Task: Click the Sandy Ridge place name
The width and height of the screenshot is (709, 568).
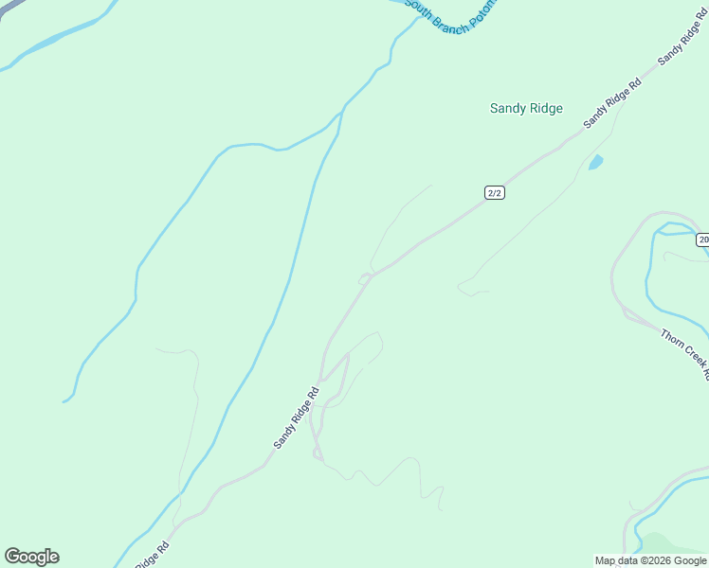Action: [x=526, y=108]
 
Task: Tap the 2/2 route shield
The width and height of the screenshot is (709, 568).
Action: [x=494, y=192]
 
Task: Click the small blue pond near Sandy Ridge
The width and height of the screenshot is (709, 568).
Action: [x=596, y=162]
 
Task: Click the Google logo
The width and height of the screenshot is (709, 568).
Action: [x=31, y=557]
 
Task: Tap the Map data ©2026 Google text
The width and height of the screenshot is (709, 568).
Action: [x=650, y=560]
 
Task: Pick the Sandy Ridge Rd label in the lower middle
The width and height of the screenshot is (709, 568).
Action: [x=297, y=417]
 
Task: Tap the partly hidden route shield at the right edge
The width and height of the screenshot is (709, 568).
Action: [x=702, y=240]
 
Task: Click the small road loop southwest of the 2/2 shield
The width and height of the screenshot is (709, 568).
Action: [x=364, y=278]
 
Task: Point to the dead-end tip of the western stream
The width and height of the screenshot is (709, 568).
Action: [x=64, y=401]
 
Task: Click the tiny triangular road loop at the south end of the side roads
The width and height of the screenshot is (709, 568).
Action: [x=318, y=455]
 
